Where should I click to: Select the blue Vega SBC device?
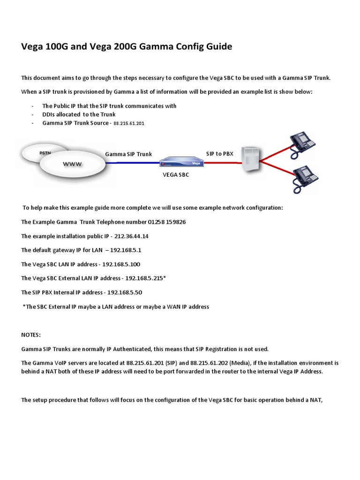click(x=180, y=163)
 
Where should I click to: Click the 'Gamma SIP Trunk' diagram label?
click(x=128, y=154)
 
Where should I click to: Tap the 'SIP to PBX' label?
click(x=219, y=153)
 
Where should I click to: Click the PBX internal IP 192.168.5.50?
click(x=125, y=292)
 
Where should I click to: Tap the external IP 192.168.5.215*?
click(x=145, y=278)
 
